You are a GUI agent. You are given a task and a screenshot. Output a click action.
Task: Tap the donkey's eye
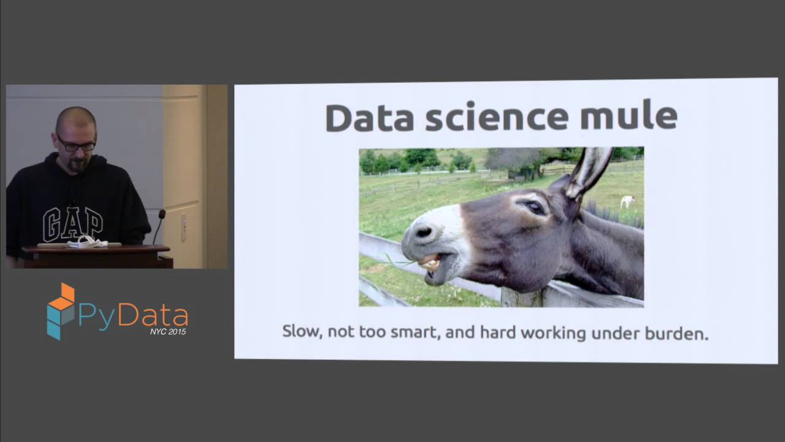(x=535, y=207)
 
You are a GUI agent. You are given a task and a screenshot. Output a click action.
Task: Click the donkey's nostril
(x=423, y=232)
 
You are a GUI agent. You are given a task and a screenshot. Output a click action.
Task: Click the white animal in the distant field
(x=627, y=201)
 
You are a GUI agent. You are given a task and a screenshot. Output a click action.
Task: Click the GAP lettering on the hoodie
(x=72, y=223)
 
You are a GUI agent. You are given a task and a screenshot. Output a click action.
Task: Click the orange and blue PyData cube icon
(x=61, y=311)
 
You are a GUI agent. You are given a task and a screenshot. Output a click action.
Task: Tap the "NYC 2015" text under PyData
(x=168, y=331)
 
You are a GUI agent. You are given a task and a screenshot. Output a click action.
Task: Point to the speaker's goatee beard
(x=77, y=165)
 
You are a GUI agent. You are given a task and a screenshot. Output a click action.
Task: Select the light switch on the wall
(x=183, y=228)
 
